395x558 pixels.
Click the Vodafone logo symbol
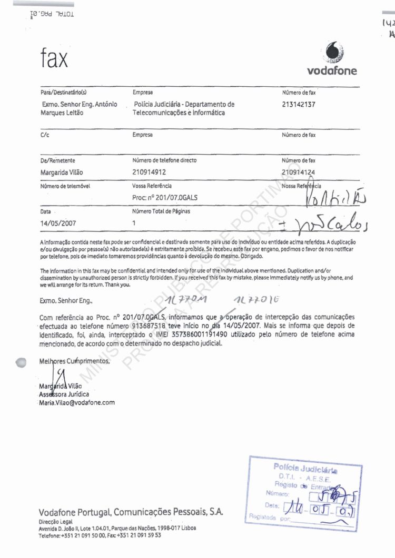point(335,53)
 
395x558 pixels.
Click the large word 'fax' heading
point(54,58)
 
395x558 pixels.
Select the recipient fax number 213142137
point(299,105)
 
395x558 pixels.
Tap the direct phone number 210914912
point(150,172)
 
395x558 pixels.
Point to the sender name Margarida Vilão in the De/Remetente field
point(62,173)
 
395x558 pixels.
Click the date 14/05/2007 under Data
point(58,223)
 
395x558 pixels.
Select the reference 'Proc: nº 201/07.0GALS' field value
point(165,198)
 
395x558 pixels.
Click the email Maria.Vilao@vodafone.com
point(77,403)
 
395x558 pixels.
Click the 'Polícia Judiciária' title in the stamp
point(305,468)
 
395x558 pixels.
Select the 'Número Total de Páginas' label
point(161,211)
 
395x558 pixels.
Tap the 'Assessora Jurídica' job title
point(64,394)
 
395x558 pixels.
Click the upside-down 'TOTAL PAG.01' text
point(52,13)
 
